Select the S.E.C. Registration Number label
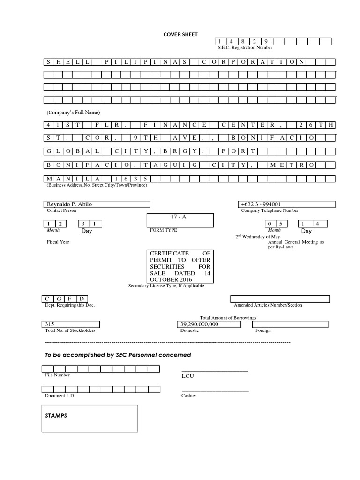click(x=245, y=48)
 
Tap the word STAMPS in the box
click(x=57, y=415)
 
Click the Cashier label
click(x=189, y=396)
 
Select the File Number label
click(x=57, y=375)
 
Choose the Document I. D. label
click(x=60, y=396)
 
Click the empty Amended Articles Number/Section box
click(x=280, y=299)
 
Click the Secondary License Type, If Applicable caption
click(x=166, y=286)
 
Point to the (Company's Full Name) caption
click(x=73, y=112)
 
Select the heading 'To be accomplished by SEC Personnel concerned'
click(x=118, y=355)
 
